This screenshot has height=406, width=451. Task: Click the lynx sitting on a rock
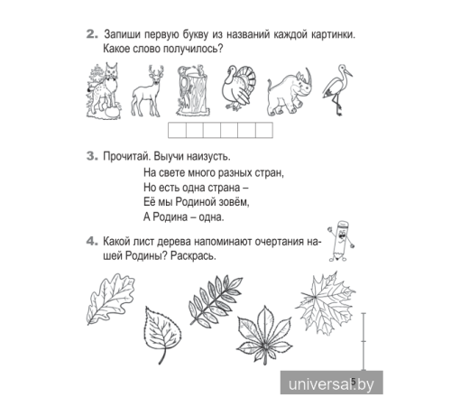coord(102,91)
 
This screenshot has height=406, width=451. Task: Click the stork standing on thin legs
coord(343,88)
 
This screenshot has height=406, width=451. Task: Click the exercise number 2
coord(91,35)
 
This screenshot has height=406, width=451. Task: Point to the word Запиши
coord(125,35)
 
